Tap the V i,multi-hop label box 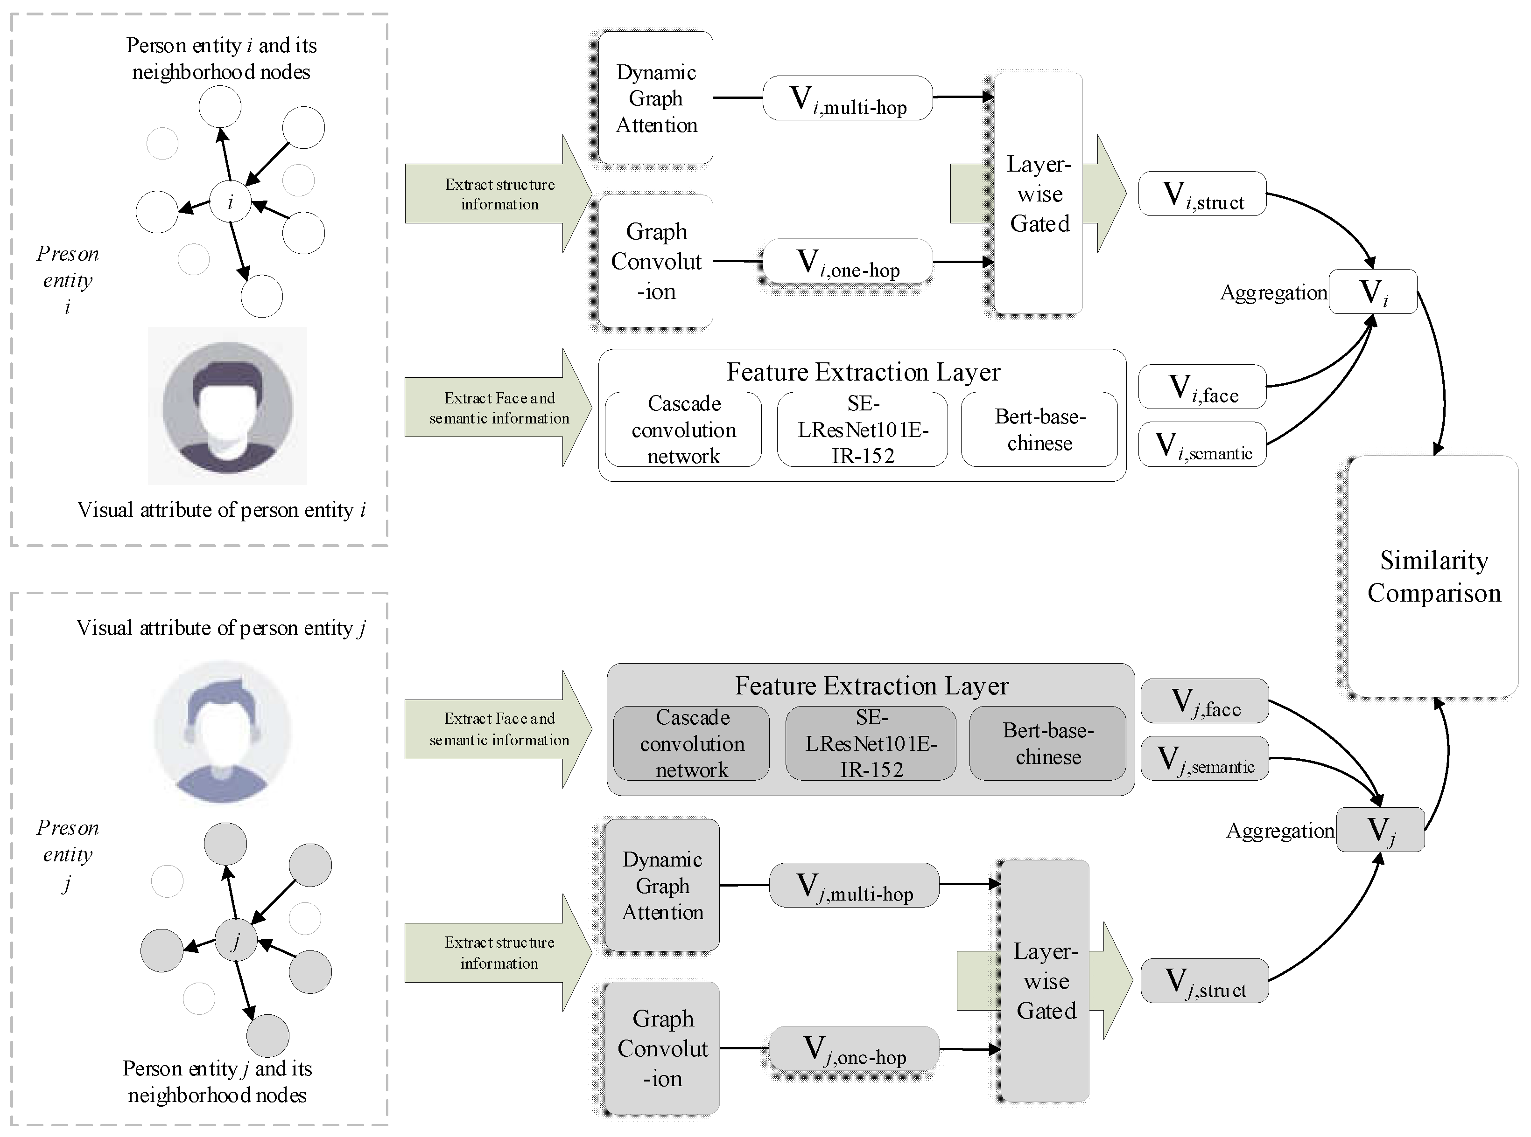[847, 98]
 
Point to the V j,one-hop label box [854, 1049]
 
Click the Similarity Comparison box [1433, 576]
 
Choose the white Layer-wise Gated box [1039, 194]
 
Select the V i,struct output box [1202, 194]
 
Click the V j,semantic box [1205, 758]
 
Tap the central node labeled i [230, 201]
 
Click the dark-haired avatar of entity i [228, 406]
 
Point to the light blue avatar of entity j [223, 732]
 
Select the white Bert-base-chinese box [1039, 430]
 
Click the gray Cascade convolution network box [691, 743]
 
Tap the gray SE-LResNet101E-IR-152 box [871, 743]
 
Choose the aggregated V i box [1373, 292]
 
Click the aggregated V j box [1380, 829]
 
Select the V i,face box [1202, 387]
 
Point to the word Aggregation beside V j [1279, 831]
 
